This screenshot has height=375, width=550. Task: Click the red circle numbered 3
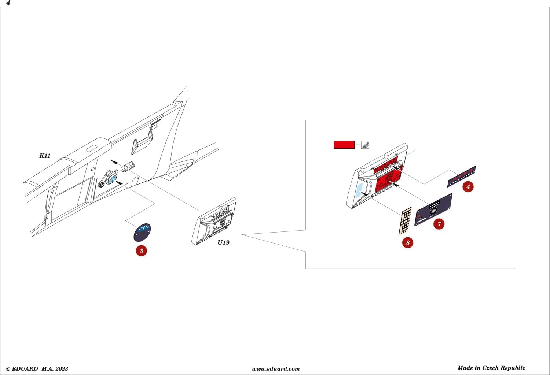click(142, 250)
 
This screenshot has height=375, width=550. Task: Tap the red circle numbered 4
click(468, 187)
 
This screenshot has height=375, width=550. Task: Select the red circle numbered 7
click(439, 224)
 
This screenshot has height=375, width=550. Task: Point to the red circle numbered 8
click(408, 242)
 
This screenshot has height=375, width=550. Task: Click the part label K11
click(45, 156)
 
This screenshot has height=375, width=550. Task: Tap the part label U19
click(223, 242)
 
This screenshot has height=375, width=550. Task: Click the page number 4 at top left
click(8, 3)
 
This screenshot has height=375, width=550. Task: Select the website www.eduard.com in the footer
click(276, 369)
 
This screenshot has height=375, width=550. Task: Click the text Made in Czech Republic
click(491, 368)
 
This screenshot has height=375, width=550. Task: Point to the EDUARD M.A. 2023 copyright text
click(37, 369)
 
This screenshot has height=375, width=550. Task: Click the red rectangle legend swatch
click(344, 145)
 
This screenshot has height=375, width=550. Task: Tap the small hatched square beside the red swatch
click(365, 145)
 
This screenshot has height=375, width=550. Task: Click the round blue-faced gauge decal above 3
click(142, 232)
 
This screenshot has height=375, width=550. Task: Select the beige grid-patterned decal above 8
click(405, 221)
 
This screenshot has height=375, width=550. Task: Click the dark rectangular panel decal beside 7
click(433, 210)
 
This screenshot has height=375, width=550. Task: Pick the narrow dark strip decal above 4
click(461, 177)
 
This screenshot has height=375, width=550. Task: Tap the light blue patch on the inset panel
click(359, 190)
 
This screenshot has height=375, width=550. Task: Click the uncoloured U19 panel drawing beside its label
click(214, 221)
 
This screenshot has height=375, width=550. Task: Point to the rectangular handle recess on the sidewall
click(142, 142)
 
